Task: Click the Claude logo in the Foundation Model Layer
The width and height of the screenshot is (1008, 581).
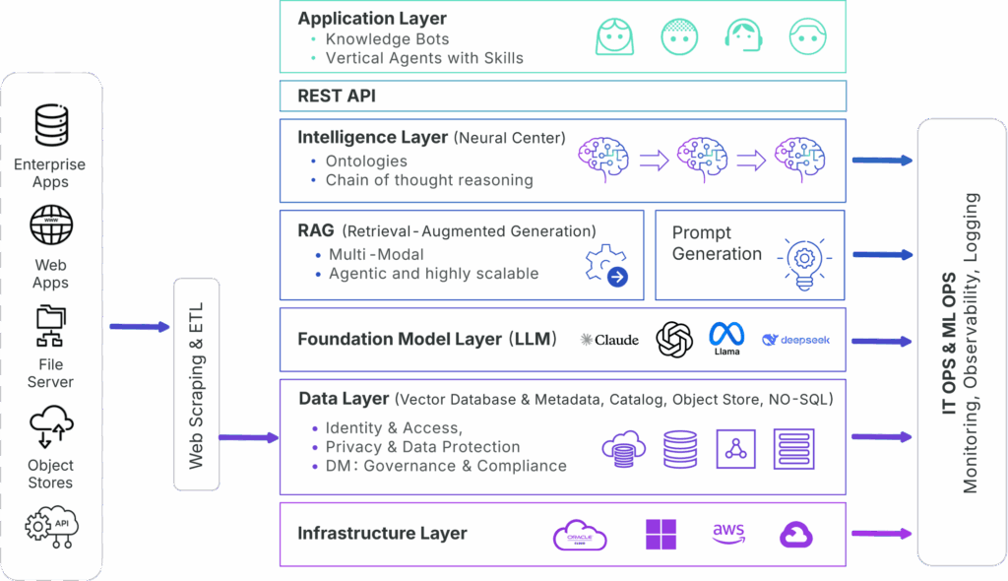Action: tap(609, 340)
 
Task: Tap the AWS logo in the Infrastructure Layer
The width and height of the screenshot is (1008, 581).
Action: tap(728, 533)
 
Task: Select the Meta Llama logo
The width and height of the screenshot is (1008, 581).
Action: tap(726, 338)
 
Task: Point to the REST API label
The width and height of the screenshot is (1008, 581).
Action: tap(337, 96)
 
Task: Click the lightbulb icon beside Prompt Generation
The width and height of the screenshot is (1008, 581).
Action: tap(803, 262)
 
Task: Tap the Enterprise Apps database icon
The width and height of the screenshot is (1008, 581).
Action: tap(51, 124)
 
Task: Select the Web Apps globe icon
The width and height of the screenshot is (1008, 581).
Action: tap(51, 226)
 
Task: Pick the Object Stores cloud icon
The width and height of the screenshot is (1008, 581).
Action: tap(51, 429)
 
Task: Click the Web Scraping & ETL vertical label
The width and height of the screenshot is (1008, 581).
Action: tap(196, 385)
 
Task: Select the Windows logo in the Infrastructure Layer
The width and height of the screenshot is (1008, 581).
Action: tap(661, 535)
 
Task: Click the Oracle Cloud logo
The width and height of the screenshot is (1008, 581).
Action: tap(580, 535)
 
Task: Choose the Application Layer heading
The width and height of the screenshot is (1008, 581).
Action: tap(372, 19)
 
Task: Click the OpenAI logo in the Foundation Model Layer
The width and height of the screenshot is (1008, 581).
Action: tap(674, 340)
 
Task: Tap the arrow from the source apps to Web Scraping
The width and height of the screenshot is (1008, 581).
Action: tap(139, 327)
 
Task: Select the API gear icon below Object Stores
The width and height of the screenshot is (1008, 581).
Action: tap(51, 527)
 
